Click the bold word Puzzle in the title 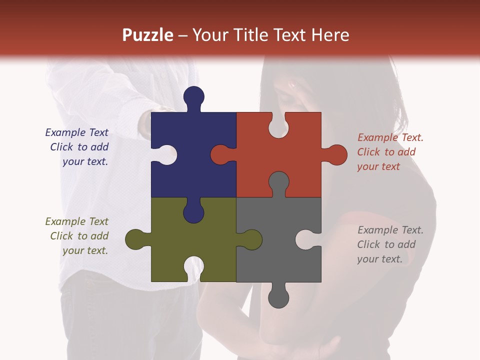147,35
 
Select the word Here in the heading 330,35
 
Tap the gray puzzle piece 270,260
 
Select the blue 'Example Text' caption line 76,132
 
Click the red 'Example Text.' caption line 390,137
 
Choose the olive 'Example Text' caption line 76,221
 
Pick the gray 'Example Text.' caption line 390,230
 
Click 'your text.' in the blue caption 85,161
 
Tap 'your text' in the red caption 378,166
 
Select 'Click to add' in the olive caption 79,236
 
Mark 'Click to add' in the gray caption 386,244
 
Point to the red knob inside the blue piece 221,154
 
